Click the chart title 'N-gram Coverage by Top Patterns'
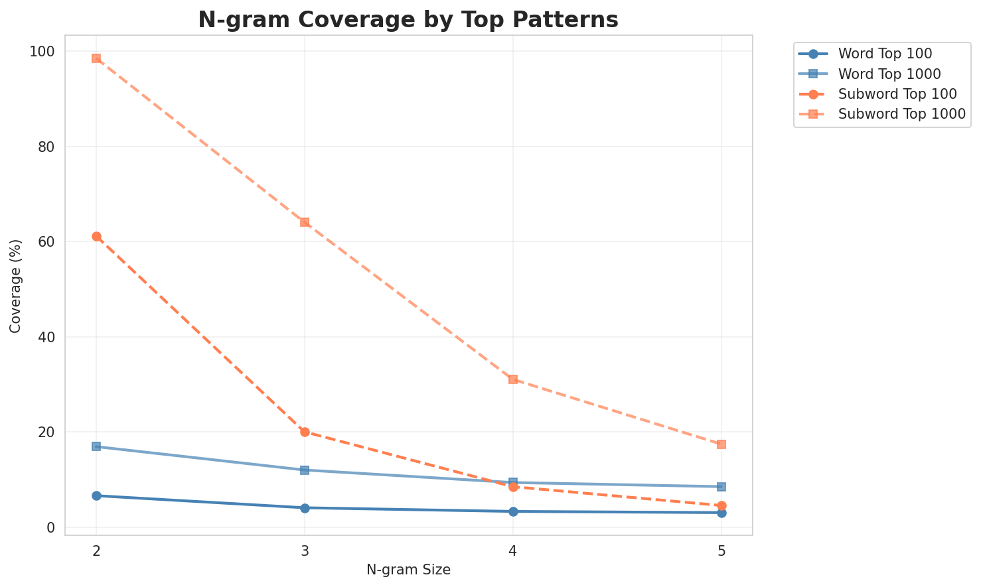(x=408, y=20)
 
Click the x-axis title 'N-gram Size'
(x=408, y=570)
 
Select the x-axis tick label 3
(x=305, y=551)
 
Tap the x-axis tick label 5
(x=721, y=551)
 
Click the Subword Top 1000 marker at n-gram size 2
(x=96, y=58)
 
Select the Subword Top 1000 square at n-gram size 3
(x=305, y=222)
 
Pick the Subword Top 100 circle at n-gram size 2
(x=96, y=237)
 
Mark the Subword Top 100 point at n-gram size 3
(x=305, y=432)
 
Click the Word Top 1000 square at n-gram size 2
(x=96, y=446)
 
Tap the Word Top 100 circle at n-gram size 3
(x=305, y=508)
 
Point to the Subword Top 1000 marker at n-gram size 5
(x=721, y=444)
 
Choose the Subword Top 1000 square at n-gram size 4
(x=513, y=379)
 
